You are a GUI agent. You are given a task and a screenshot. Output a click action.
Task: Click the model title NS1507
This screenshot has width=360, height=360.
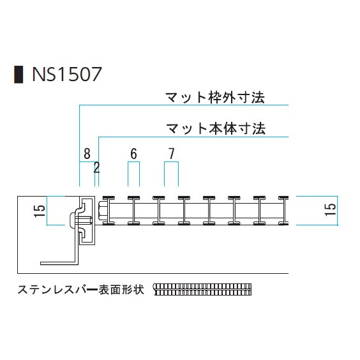point(67,74)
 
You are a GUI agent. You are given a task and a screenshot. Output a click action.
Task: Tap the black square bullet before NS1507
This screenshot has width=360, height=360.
point(19,75)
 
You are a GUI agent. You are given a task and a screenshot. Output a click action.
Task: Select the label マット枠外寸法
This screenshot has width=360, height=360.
point(215,98)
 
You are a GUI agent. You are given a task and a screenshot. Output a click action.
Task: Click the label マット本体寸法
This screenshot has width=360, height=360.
point(216,128)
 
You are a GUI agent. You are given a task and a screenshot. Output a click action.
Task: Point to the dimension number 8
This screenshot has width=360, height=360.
point(87,154)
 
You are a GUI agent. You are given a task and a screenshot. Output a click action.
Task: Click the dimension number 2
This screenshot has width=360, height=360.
point(96,168)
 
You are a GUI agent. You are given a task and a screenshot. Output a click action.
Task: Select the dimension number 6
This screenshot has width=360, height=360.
point(133,154)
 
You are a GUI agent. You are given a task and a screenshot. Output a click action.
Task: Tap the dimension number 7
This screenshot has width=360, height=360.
point(172,154)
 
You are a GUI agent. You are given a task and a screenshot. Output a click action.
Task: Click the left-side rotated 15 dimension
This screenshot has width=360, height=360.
point(40,211)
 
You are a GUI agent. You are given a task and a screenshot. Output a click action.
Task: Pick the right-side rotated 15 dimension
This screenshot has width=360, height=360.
point(330,209)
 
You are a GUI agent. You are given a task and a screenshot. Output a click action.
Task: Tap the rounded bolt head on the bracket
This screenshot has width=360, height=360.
point(71,220)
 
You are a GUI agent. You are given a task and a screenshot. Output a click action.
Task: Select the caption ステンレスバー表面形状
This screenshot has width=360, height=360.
point(81,290)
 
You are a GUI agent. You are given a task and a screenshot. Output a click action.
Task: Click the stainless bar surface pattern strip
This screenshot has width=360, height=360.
point(202,290)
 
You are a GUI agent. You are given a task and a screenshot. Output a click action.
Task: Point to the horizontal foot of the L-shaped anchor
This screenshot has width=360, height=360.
point(59,263)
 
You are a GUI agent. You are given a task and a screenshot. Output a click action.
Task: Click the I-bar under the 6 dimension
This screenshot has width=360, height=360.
point(133,211)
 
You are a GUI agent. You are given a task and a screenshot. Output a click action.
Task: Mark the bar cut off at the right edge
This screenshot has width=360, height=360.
point(283,211)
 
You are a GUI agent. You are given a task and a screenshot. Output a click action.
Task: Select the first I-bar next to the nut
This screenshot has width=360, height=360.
point(109,211)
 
